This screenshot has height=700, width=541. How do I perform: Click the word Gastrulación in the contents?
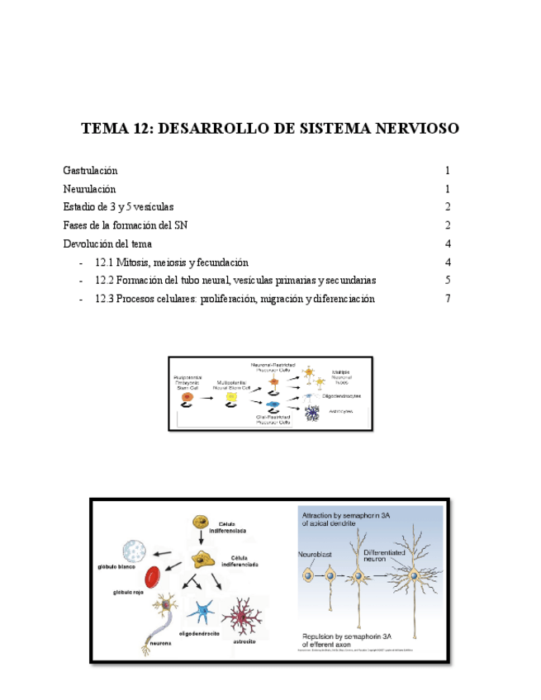[90, 171]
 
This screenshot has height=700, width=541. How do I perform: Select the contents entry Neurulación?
[89, 189]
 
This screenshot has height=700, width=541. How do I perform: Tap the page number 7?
[447, 299]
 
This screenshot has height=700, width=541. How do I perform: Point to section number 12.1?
[104, 262]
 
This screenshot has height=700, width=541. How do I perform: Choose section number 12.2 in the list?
[104, 281]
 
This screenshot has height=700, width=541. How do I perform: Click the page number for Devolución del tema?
[447, 244]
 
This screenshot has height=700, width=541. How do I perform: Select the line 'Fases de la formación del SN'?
[131, 225]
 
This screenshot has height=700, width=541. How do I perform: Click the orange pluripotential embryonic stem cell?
[187, 398]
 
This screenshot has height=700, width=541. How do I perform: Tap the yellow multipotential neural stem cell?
[231, 398]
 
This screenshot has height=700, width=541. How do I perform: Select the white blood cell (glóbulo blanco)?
[135, 551]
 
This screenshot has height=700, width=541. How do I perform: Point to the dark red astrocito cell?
[245, 615]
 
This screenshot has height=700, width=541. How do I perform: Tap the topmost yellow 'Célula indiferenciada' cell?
[199, 522]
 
